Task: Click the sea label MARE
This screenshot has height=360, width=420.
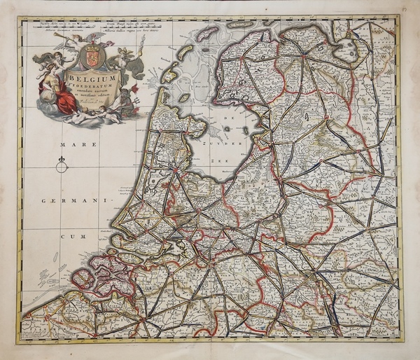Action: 71,145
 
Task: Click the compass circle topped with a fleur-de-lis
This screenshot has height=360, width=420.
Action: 61,165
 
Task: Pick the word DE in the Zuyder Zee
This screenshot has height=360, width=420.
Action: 227,120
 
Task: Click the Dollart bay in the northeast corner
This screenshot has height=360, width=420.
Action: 346,50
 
